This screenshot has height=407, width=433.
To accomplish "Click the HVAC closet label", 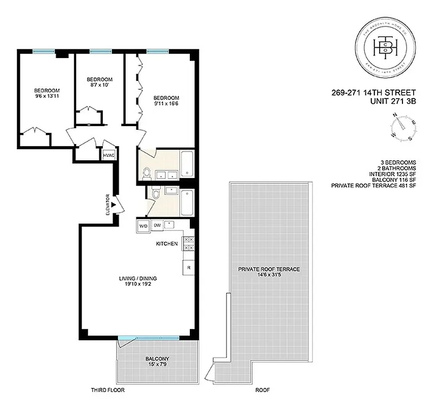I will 108,155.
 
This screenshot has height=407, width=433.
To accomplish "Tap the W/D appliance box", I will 143,225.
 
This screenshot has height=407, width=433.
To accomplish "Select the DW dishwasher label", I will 157,225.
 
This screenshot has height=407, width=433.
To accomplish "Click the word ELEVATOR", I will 107,204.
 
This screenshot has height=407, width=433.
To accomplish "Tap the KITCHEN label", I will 167,244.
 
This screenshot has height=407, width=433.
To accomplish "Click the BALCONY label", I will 157,358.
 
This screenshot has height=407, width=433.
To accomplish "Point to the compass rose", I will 405,127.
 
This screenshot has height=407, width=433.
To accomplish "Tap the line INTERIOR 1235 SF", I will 393,174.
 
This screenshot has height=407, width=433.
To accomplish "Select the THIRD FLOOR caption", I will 108,391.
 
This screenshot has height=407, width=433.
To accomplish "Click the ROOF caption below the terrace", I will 263,391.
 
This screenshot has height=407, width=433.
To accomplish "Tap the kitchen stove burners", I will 188,244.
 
